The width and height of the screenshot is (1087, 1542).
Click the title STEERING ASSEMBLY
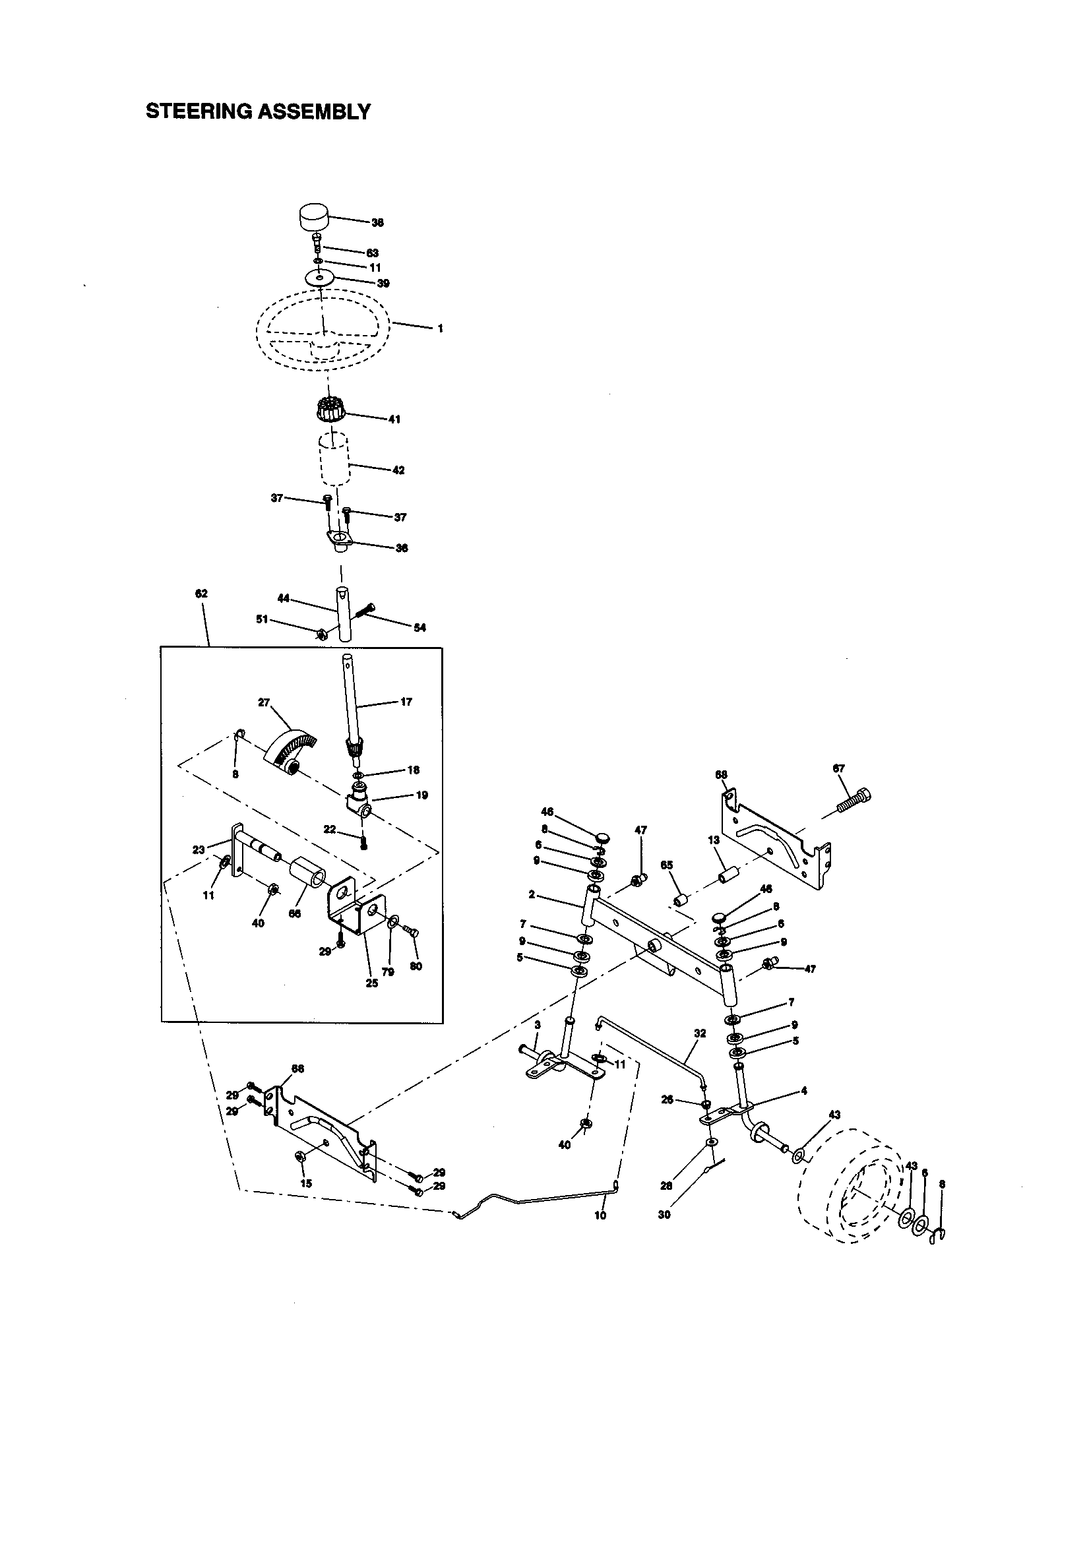(258, 111)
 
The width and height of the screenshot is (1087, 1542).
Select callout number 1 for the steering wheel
(440, 329)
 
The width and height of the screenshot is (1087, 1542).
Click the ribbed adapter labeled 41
(330, 409)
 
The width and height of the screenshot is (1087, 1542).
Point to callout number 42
(398, 470)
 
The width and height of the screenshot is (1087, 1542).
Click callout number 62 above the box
(202, 594)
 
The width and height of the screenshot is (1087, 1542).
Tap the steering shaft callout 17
(406, 702)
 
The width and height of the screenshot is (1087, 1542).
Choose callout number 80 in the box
(416, 967)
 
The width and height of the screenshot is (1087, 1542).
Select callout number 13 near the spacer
(714, 840)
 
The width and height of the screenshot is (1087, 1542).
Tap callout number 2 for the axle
(532, 894)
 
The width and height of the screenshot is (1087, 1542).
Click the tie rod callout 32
(700, 1033)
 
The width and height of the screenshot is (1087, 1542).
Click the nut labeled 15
(301, 1154)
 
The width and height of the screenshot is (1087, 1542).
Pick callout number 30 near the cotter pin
(664, 1215)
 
